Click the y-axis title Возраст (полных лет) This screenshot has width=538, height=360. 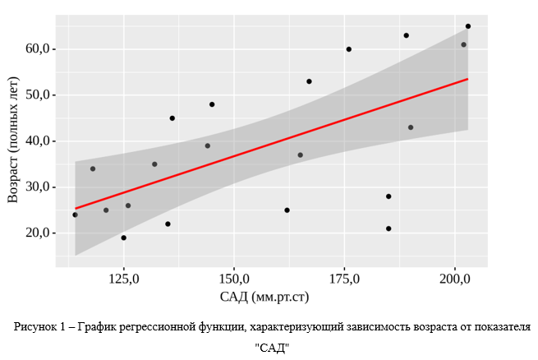(x=12, y=141)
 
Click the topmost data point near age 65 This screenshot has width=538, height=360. (x=468, y=26)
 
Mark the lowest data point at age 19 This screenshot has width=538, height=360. (x=124, y=238)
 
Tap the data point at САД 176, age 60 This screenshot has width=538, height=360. (x=349, y=49)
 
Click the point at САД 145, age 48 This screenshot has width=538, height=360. (x=212, y=104)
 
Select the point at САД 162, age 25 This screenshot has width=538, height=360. (x=287, y=210)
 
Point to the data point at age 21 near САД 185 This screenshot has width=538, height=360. (x=389, y=228)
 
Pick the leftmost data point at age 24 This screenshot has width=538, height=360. (x=76, y=215)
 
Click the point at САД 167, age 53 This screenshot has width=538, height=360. (x=309, y=81)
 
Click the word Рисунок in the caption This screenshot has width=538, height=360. (x=36, y=327)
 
